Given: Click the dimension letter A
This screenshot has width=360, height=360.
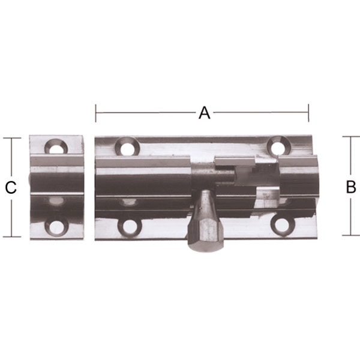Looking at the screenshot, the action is (205, 113).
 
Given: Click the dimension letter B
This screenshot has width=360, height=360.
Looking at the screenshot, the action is (351, 187).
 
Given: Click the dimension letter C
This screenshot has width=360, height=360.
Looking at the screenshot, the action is (11, 188).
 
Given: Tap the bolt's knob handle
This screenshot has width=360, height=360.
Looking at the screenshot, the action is (205, 220).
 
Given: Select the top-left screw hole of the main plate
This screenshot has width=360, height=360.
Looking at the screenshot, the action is (127, 147).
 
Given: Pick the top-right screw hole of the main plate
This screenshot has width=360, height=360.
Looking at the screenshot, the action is (279, 146).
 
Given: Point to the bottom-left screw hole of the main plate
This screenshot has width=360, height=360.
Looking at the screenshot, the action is (130, 227).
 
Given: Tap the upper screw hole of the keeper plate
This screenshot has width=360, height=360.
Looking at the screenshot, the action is (56, 147).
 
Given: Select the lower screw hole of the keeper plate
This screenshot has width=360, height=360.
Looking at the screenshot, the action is (56, 227).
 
